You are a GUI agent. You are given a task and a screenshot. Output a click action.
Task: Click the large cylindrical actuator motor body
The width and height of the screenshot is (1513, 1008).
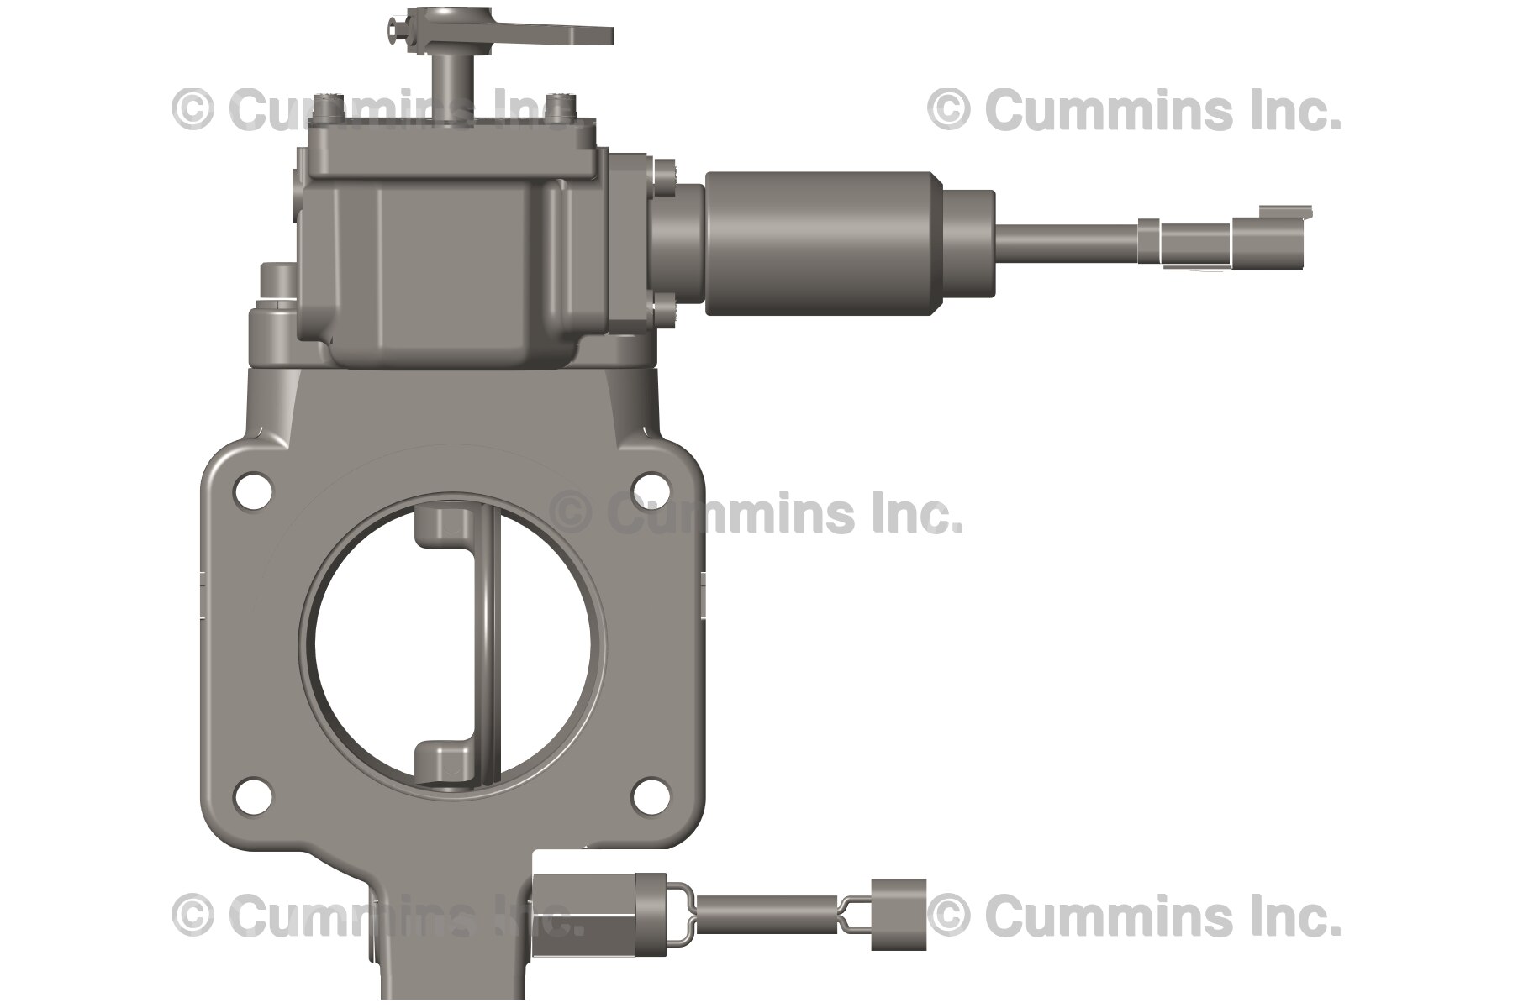point(820,244)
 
